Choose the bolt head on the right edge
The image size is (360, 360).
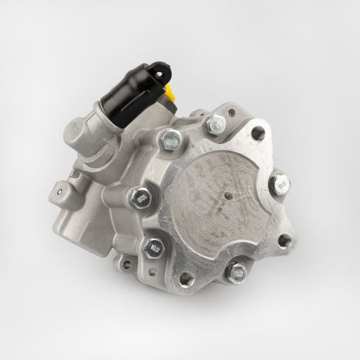pos(282,185)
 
